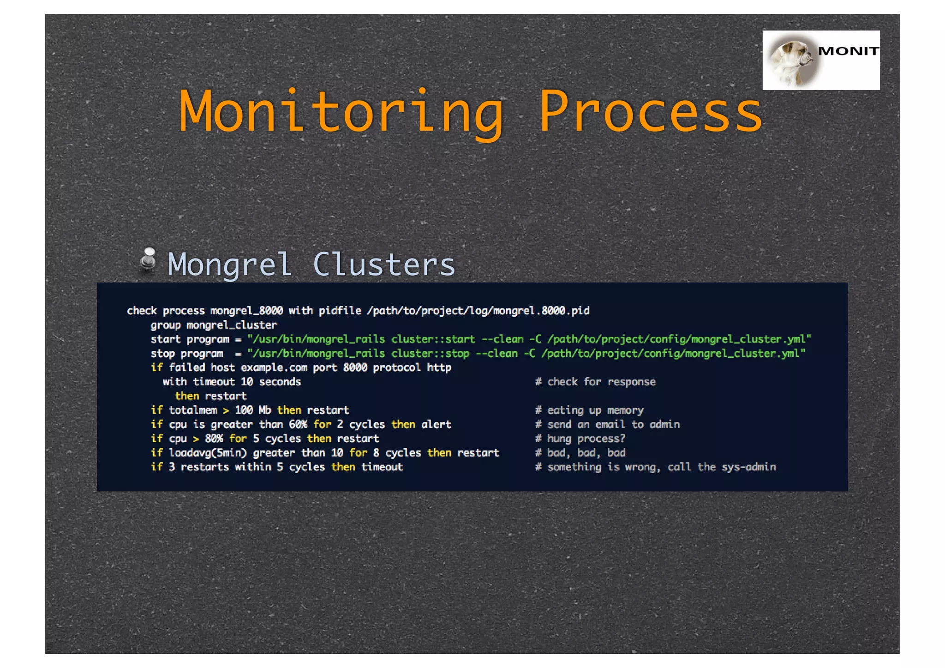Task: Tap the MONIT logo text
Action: (848, 51)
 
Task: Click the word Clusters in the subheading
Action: (384, 265)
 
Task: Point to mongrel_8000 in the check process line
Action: (246, 311)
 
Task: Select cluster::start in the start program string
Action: (433, 339)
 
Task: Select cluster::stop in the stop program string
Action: (430, 354)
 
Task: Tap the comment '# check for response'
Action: (595, 382)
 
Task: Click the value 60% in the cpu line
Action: (298, 424)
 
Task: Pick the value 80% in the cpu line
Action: (214, 439)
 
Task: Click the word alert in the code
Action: (436, 424)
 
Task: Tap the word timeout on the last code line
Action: (382, 467)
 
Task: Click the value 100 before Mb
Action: (244, 410)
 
